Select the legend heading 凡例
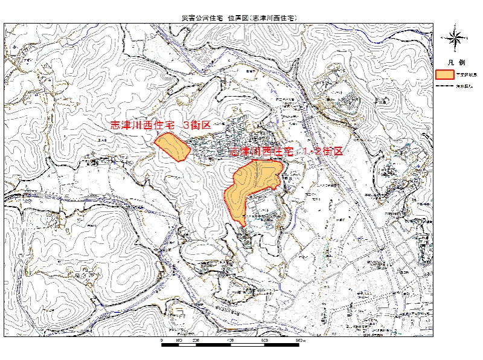pyautogui.click(x=456, y=62)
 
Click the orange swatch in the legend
pyautogui.click(x=444, y=74)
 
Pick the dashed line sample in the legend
pyautogui.click(x=444, y=86)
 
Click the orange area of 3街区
pyautogui.click(x=171, y=146)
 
